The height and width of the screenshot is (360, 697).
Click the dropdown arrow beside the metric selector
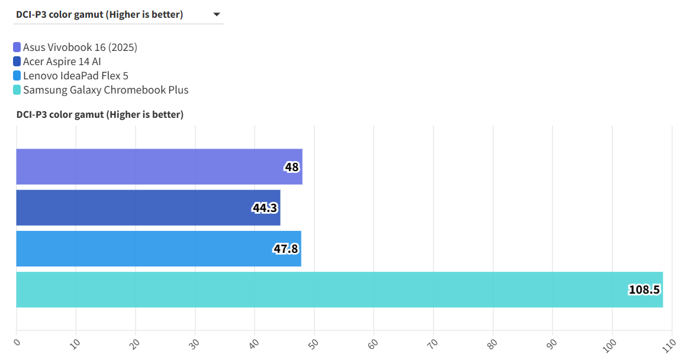(x=217, y=14)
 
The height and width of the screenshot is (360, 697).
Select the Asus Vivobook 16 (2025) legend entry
(x=80, y=47)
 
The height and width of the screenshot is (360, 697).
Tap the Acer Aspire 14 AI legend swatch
(x=17, y=62)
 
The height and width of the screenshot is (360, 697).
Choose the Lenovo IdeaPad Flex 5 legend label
(x=75, y=76)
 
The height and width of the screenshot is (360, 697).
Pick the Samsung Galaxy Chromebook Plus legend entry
(x=105, y=90)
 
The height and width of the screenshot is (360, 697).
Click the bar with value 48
(x=159, y=167)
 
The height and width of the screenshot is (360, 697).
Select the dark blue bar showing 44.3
(x=148, y=208)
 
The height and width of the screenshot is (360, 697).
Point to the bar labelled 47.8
(x=158, y=249)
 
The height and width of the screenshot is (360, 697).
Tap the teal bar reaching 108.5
(x=339, y=290)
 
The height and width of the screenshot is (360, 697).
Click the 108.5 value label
(x=644, y=290)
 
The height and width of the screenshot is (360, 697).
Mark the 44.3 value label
(x=265, y=208)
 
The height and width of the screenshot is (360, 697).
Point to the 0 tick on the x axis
(x=17, y=342)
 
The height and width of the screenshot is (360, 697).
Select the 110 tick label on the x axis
(x=669, y=343)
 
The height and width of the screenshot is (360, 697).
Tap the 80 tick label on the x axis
(x=492, y=343)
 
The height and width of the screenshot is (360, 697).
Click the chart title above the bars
(x=99, y=114)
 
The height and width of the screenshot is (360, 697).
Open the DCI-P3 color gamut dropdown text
(x=99, y=15)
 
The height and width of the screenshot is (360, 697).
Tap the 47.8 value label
(x=285, y=249)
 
